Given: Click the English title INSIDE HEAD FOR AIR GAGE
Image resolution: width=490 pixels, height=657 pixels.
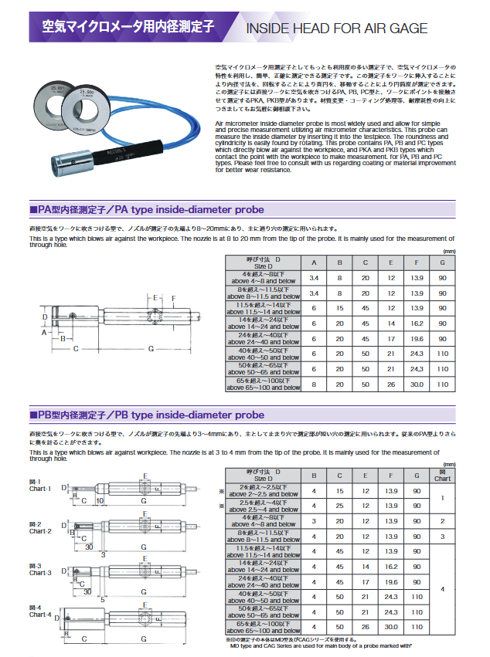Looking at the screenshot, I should pos(336,29).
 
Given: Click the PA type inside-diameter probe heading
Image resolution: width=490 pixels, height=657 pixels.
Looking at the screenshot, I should pos(146,209).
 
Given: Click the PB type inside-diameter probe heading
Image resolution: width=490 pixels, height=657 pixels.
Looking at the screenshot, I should pos(146,415).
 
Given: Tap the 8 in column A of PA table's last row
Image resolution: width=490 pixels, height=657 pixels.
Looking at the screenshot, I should pos(313,384).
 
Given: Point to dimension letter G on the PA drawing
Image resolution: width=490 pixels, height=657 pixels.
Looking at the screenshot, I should pos(151,349).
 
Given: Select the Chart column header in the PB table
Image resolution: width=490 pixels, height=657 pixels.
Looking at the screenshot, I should pos(442,475).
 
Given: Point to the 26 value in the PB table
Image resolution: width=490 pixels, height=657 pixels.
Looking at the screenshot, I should pos(366,626).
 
